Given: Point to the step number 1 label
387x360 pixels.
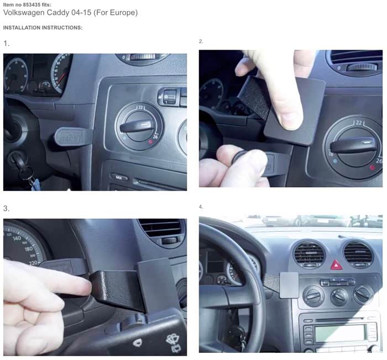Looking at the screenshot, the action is pos(6,44).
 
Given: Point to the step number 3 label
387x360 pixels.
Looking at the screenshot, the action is pos(6,209).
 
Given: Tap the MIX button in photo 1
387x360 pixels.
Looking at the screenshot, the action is pos(119,177).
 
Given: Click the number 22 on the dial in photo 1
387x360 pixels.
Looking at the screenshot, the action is pos(140,108).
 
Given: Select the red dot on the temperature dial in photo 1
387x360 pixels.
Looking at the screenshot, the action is pos(150,141).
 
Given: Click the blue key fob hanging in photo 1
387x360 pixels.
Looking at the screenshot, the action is pos(36,184).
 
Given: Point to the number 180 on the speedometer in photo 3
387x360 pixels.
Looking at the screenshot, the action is pos(28,249).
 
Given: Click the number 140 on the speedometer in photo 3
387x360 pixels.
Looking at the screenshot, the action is pos(17,239).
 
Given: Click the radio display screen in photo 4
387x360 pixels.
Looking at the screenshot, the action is pos(340,333).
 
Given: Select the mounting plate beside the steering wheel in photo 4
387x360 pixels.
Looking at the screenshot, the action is pos(289,285).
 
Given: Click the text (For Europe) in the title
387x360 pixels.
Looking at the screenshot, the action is pos(116,12).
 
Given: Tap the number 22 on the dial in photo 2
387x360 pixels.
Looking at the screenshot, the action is pos(359,123).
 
